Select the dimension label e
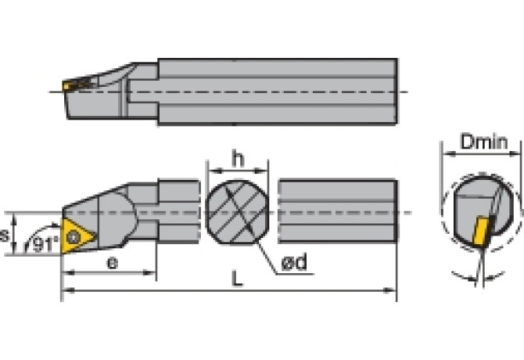[x=112, y=262]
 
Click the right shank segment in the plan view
[x=338, y=213]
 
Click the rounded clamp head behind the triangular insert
[x=117, y=215]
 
